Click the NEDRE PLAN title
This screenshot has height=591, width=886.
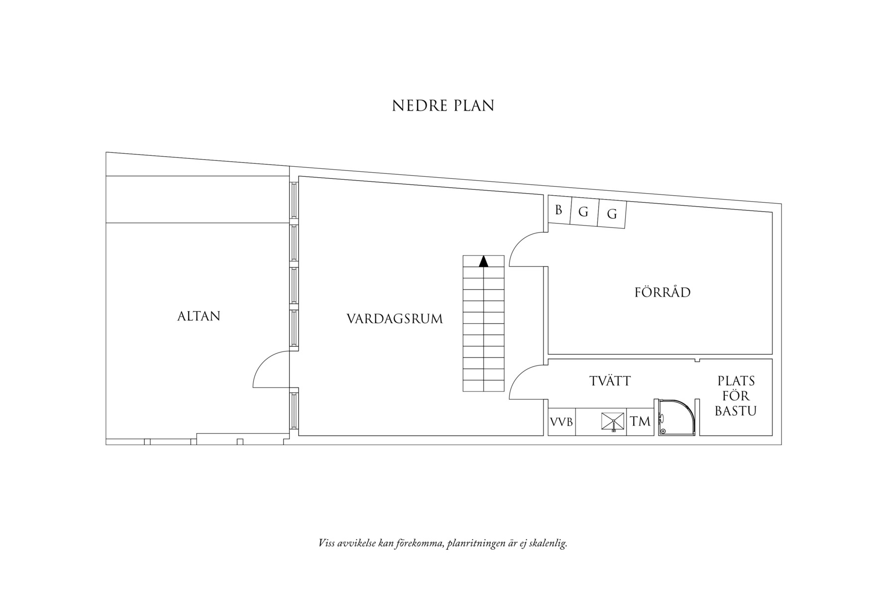(x=443, y=106)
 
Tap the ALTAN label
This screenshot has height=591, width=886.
(x=199, y=316)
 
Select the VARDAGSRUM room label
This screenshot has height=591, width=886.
(x=395, y=319)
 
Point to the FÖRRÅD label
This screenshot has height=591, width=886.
(x=663, y=292)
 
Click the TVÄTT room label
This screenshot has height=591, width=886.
(x=610, y=381)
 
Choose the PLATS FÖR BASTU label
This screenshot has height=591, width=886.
(x=736, y=396)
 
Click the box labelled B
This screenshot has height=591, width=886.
(x=559, y=211)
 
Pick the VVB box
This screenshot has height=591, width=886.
(x=561, y=422)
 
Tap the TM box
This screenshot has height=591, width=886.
(x=640, y=422)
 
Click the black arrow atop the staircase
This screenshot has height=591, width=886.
(x=483, y=261)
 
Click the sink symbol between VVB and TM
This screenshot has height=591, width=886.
(x=614, y=422)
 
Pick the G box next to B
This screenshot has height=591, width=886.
(x=584, y=212)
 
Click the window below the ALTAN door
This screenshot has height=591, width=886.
(x=294, y=410)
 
